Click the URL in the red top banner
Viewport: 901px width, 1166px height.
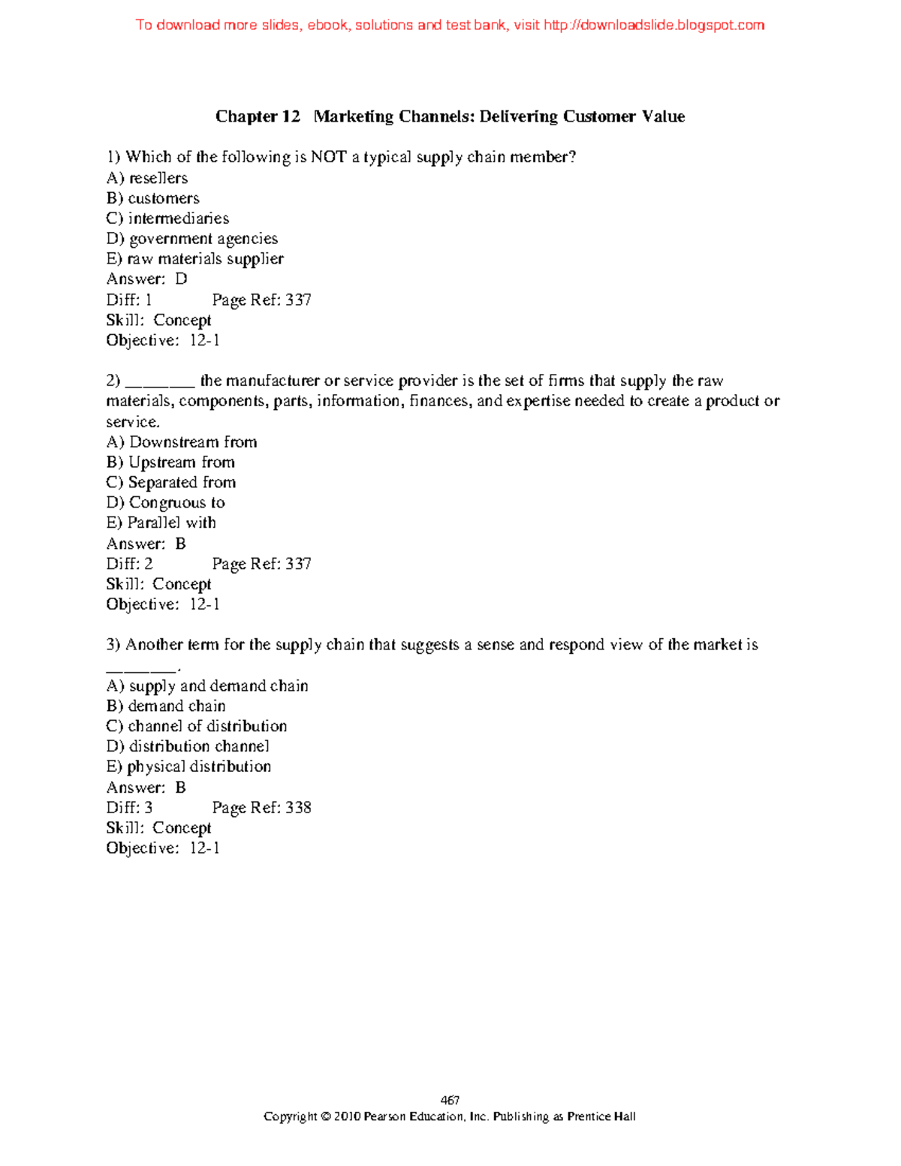click(x=653, y=26)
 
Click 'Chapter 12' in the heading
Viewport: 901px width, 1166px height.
click(x=258, y=116)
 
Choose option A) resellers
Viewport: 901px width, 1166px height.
click(x=147, y=178)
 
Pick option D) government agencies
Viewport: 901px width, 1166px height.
click(x=192, y=239)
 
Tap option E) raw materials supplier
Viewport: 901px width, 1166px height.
click(x=194, y=259)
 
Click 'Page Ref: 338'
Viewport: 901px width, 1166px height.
click(x=261, y=808)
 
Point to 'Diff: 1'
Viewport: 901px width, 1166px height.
click(x=129, y=300)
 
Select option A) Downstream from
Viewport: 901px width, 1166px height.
click(x=182, y=442)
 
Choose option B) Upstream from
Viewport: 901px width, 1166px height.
click(x=170, y=462)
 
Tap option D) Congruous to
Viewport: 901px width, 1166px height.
click(x=166, y=503)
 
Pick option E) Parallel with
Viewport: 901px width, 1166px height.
click(x=161, y=523)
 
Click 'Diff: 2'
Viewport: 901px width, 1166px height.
click(x=130, y=564)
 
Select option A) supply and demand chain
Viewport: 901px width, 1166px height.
click(x=207, y=686)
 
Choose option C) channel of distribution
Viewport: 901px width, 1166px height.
click(x=197, y=727)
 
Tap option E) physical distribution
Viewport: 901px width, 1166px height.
click(x=188, y=767)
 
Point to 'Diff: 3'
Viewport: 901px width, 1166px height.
click(x=130, y=808)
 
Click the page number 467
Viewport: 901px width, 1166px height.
click(x=450, y=1101)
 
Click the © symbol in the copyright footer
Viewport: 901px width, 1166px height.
click(x=325, y=1116)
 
